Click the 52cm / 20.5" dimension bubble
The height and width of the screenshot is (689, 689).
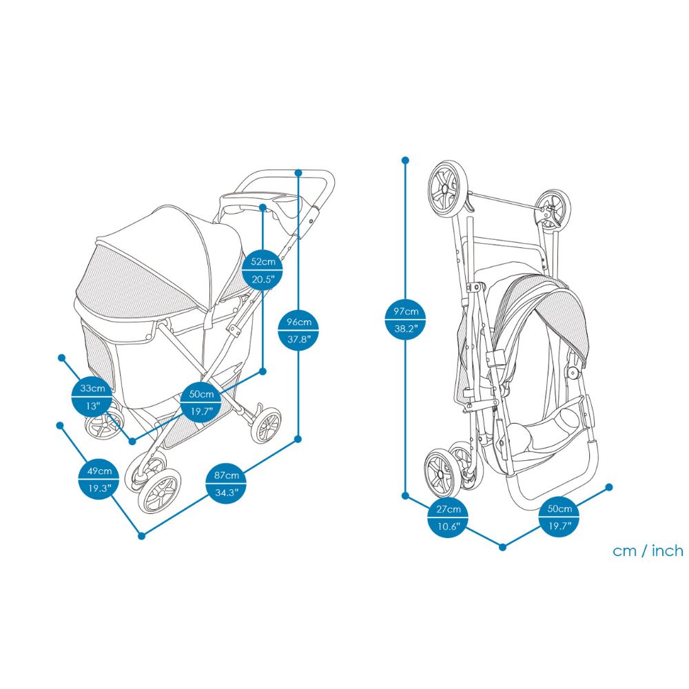263,269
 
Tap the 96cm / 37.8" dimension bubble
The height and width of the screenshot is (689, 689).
298,330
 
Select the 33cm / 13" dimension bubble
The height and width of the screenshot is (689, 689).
92,397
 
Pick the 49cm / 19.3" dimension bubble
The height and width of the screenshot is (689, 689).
95,480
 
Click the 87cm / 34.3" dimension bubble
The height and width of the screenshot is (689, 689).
227,484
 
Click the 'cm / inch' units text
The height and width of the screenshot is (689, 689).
648,551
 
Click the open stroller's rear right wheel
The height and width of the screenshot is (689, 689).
268,425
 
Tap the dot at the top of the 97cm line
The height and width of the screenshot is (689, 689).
405,160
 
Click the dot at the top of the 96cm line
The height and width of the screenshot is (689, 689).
298,172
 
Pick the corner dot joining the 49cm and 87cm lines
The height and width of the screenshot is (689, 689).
141,535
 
